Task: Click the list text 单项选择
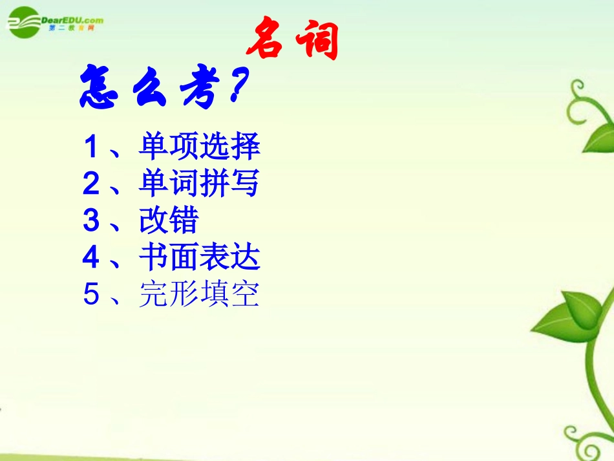click(199, 147)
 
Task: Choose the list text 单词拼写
click(199, 184)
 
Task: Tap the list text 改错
click(168, 221)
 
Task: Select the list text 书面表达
click(199, 258)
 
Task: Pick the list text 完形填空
click(199, 295)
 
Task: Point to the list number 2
click(91, 185)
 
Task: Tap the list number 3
click(91, 222)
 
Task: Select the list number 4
click(91, 259)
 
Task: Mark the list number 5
click(91, 295)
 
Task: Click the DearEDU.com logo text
click(72, 20)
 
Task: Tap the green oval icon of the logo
click(23, 23)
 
